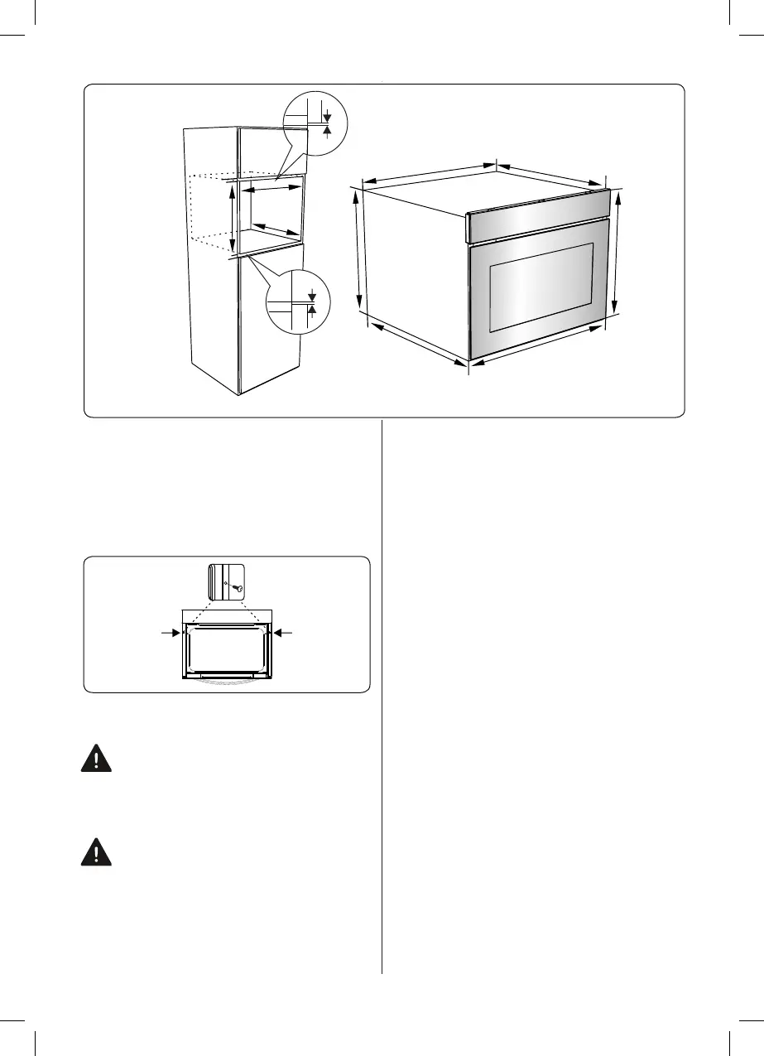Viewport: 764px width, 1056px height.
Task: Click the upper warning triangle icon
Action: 97,759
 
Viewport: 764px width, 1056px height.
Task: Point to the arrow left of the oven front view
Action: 170,632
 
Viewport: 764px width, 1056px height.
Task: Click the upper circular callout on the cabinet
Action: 315,124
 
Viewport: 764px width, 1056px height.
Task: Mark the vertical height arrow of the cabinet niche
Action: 233,218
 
